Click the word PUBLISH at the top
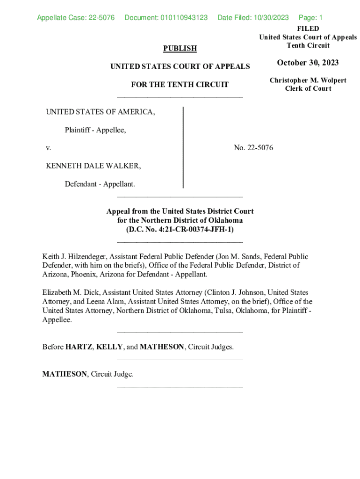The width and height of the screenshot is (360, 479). (x=180, y=48)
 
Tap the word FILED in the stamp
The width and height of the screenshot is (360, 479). (x=308, y=29)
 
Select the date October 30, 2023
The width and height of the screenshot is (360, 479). (x=308, y=63)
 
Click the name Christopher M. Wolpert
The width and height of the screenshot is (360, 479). (x=308, y=80)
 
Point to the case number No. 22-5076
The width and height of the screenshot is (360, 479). (x=253, y=148)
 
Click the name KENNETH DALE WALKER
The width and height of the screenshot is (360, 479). (x=93, y=166)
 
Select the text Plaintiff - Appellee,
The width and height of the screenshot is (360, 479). (x=95, y=130)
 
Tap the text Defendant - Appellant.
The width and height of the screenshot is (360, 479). (x=100, y=184)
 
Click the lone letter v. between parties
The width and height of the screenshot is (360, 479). (x=48, y=148)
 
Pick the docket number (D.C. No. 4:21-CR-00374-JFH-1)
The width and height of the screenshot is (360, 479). (x=180, y=229)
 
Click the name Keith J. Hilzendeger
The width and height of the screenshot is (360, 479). (x=75, y=256)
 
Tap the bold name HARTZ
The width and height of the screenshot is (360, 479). (x=79, y=347)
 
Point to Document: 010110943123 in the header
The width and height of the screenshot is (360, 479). (x=166, y=18)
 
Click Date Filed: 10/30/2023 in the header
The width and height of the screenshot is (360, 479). (x=253, y=18)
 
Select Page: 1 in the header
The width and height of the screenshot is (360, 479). (x=310, y=18)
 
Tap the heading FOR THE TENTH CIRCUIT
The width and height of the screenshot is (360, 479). (x=180, y=85)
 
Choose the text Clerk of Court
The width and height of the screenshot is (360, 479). (x=308, y=89)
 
